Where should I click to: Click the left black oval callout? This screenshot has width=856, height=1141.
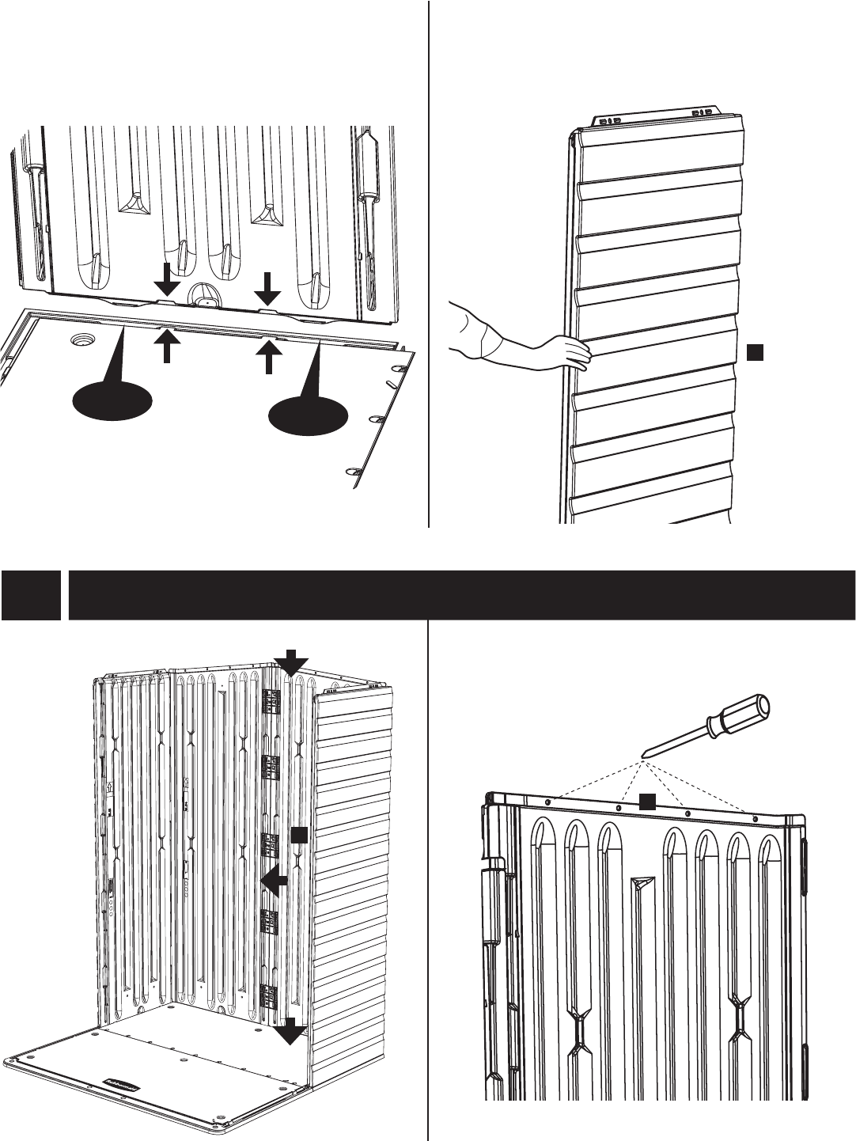click(x=112, y=401)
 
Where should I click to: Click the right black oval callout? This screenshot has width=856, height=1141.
click(x=309, y=415)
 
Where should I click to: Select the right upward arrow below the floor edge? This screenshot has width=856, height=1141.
click(x=270, y=354)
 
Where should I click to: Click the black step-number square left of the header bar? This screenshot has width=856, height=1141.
click(x=30, y=595)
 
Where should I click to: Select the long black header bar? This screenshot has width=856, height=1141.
click(x=462, y=595)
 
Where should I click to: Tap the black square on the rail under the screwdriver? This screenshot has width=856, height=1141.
click(x=648, y=802)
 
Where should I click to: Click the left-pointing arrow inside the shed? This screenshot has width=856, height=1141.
click(x=274, y=881)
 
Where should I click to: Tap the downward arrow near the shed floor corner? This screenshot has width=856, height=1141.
click(x=289, y=1031)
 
